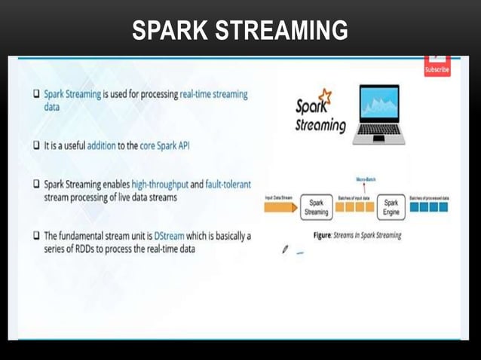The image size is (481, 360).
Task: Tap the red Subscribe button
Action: [437, 68]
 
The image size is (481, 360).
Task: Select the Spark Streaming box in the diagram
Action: [316, 208]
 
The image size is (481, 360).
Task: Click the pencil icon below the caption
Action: [285, 249]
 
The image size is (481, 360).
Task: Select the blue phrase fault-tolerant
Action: [223, 184]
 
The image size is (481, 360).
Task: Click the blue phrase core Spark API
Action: [164, 146]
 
